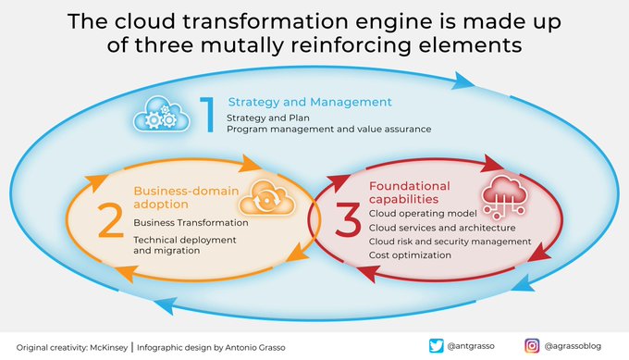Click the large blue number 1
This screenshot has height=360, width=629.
(208, 115)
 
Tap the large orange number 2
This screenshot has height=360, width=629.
(110, 220)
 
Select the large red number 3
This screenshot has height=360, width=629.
(348, 220)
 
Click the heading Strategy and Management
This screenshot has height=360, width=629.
(310, 102)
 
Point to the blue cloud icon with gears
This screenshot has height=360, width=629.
(161, 114)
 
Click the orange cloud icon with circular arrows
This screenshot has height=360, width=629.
(266, 197)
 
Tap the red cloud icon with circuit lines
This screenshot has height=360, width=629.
(505, 196)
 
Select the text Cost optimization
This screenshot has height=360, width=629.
(410, 255)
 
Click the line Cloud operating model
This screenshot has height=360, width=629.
(423, 214)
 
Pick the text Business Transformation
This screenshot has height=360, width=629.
(191, 223)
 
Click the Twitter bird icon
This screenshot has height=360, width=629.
(436, 346)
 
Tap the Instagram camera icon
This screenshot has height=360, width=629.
(532, 346)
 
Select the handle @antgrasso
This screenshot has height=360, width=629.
(471, 346)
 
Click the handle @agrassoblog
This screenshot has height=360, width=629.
(573, 346)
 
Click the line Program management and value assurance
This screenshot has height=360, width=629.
(329, 130)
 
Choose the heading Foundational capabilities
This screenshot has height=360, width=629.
(410, 192)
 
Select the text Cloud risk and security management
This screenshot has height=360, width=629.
(450, 242)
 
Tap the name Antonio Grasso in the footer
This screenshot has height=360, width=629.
(255, 348)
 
